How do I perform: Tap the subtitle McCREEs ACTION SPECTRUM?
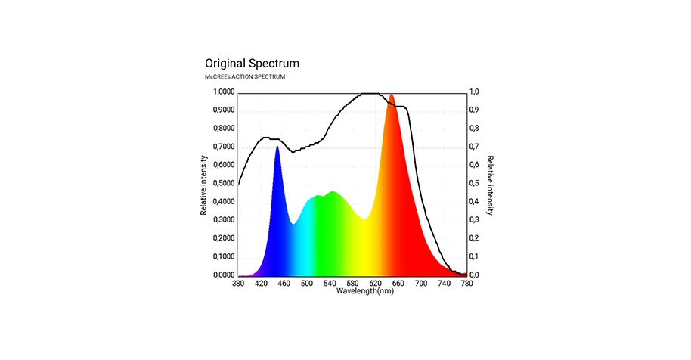(245, 77)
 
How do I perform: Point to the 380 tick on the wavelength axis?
(238, 284)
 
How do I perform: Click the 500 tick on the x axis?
(307, 284)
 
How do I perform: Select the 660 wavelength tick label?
(398, 284)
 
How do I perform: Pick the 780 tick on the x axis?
(467, 284)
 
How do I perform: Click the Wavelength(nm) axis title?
(365, 291)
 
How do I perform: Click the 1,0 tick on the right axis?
(475, 92)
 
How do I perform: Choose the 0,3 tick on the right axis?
(475, 220)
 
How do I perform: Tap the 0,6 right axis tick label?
(475, 166)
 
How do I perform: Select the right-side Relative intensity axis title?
(490, 185)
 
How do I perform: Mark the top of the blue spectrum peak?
(277, 147)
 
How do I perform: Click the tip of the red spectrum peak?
(392, 95)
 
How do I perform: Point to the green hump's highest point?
(333, 192)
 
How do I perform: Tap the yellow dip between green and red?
(364, 219)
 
